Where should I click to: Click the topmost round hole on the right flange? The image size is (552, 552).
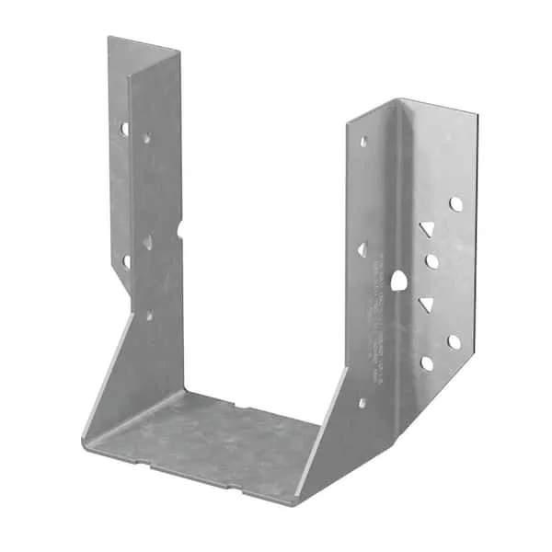click(x=455, y=203)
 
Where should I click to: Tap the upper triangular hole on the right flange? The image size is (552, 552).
click(x=426, y=227)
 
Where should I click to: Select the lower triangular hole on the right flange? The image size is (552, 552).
click(x=426, y=304)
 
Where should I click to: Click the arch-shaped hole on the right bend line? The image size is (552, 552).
click(x=398, y=280)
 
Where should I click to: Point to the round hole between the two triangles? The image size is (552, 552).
click(x=431, y=262)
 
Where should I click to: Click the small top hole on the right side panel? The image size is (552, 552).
click(x=363, y=143)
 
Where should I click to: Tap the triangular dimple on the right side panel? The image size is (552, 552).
click(x=362, y=249)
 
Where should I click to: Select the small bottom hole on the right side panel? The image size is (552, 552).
click(x=362, y=402)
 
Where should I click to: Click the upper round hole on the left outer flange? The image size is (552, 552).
click(x=124, y=129)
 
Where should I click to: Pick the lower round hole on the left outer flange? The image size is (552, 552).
click(x=127, y=260)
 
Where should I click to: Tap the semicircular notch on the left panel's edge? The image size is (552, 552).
click(x=180, y=226)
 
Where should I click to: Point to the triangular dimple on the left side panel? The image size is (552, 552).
click(x=147, y=241)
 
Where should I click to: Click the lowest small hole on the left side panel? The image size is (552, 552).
click(x=149, y=316)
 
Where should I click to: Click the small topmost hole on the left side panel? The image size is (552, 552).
click(x=146, y=139)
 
